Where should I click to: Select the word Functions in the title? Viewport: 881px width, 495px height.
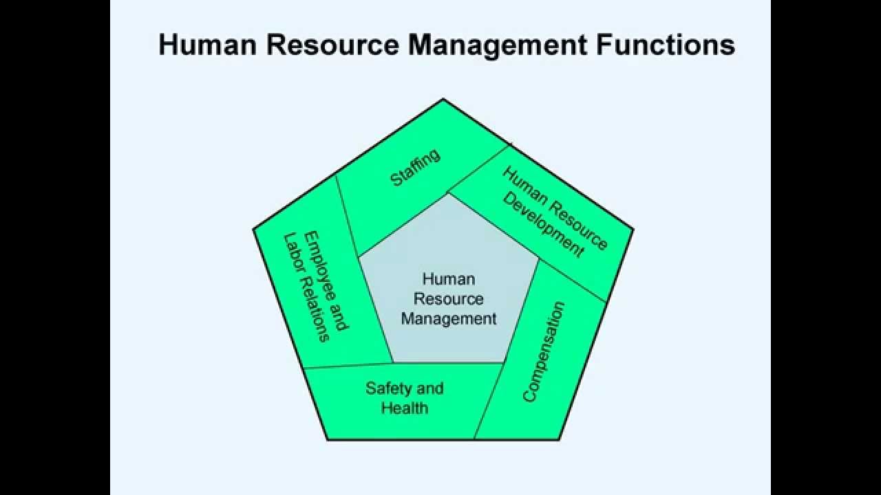666,45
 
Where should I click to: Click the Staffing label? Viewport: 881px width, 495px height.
415,168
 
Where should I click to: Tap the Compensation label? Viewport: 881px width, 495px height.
544,351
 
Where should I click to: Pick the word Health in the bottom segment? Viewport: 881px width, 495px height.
405,408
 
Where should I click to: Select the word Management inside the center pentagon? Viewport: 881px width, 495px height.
449,319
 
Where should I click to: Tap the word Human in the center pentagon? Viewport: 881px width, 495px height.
449,279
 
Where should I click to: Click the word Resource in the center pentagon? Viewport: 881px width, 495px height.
449,299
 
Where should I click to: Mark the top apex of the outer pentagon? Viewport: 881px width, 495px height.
443,99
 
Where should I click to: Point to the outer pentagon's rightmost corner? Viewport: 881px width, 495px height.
633,230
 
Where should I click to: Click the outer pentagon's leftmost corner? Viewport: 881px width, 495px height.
253,230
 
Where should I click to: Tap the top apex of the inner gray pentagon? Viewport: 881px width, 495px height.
449,194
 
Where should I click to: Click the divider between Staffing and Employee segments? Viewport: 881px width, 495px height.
348,217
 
